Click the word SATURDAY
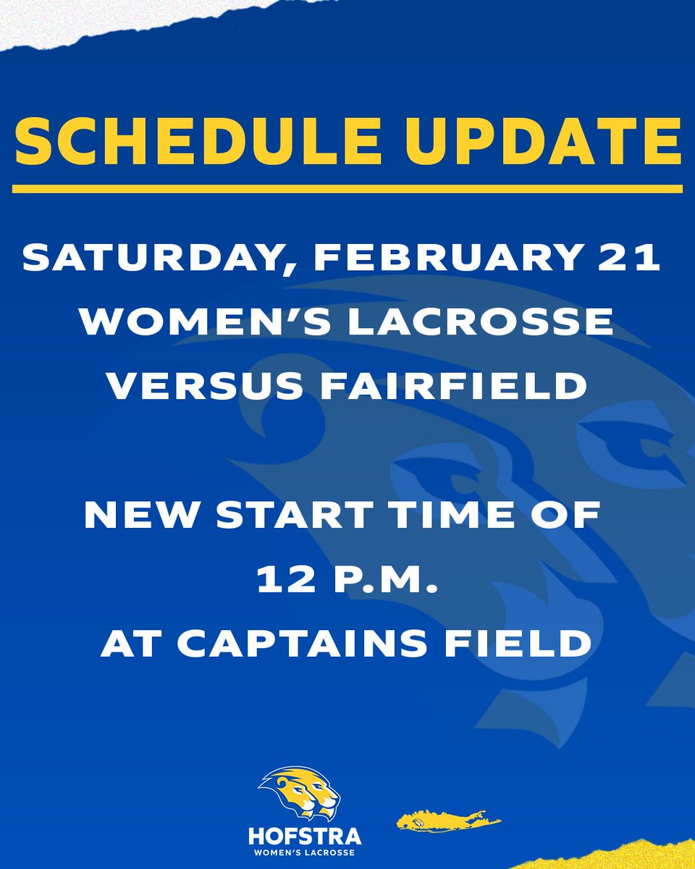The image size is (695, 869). [x=145, y=259]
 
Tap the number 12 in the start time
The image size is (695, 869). [x=282, y=579]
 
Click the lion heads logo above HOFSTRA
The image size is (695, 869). [x=299, y=792]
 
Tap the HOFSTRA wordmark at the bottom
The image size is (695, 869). [x=304, y=836]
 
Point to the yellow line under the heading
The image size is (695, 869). [x=347, y=189]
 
